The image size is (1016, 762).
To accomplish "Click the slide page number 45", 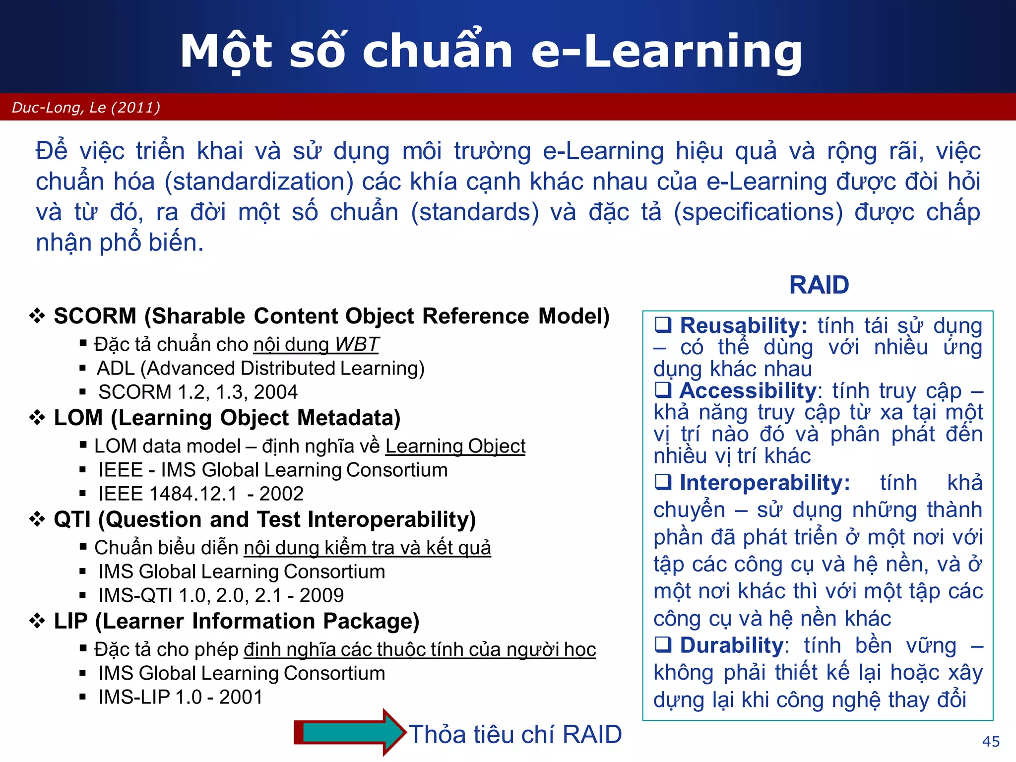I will [991, 741].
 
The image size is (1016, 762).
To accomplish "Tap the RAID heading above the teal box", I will [819, 285].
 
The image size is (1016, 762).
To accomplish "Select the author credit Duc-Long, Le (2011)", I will [86, 108].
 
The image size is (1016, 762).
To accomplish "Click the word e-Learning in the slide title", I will [666, 51].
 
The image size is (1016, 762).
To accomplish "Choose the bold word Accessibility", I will [748, 391].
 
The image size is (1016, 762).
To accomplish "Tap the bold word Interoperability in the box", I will [764, 483].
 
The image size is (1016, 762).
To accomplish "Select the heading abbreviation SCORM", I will [95, 317].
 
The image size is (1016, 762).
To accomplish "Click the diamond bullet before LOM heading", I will [37, 418].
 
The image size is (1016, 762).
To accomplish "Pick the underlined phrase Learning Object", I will [455, 446].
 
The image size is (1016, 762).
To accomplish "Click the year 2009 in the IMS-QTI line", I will [321, 595].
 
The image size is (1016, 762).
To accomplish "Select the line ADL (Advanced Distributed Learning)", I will [260, 369].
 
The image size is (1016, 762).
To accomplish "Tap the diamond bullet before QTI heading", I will [37, 519].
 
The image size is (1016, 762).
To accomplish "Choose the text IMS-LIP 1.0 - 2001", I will [180, 697].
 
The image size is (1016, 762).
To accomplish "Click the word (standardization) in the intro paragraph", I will [259, 182].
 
